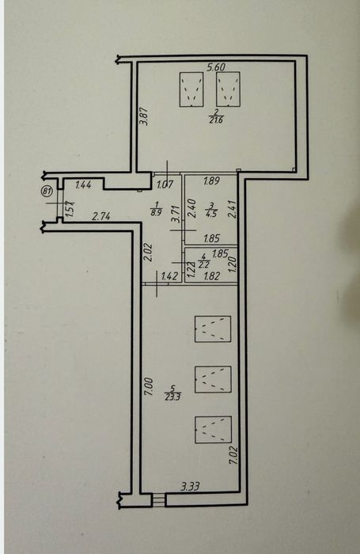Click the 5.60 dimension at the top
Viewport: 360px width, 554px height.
click(216, 66)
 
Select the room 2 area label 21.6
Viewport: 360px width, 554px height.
click(216, 117)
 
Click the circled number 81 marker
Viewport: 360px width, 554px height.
click(47, 192)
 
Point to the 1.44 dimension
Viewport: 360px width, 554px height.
click(84, 184)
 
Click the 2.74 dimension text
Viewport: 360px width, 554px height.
click(101, 216)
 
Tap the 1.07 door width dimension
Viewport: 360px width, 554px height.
click(165, 184)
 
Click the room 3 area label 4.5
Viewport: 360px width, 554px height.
click(211, 210)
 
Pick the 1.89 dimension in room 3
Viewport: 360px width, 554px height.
click(211, 181)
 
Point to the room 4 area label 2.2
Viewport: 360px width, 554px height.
click(203, 260)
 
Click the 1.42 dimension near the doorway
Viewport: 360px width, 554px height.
click(169, 276)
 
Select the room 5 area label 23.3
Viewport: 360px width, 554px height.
click(172, 393)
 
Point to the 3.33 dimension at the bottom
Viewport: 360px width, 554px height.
click(191, 487)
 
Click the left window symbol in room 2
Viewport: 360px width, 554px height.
click(191, 89)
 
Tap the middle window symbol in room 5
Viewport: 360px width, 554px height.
click(213, 379)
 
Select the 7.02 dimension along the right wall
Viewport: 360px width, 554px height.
click(233, 455)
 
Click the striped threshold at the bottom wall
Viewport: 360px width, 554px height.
click(158, 499)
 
